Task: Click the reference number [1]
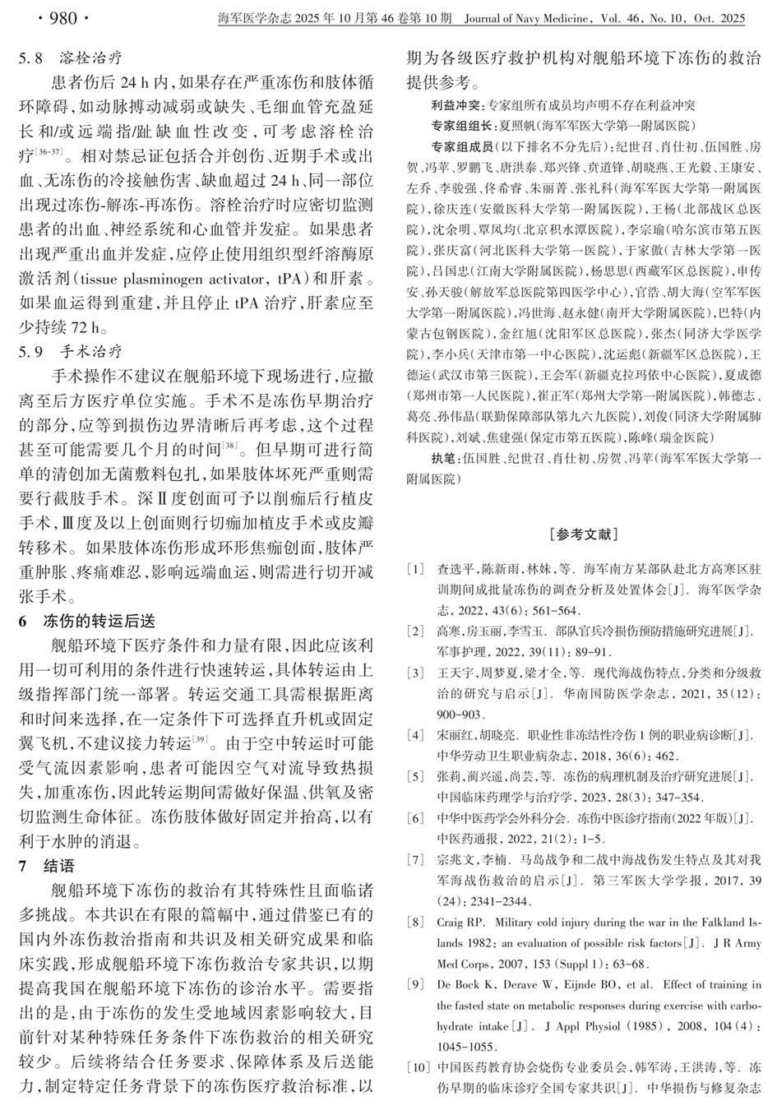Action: [419, 569]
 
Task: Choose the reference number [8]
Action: [419, 923]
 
